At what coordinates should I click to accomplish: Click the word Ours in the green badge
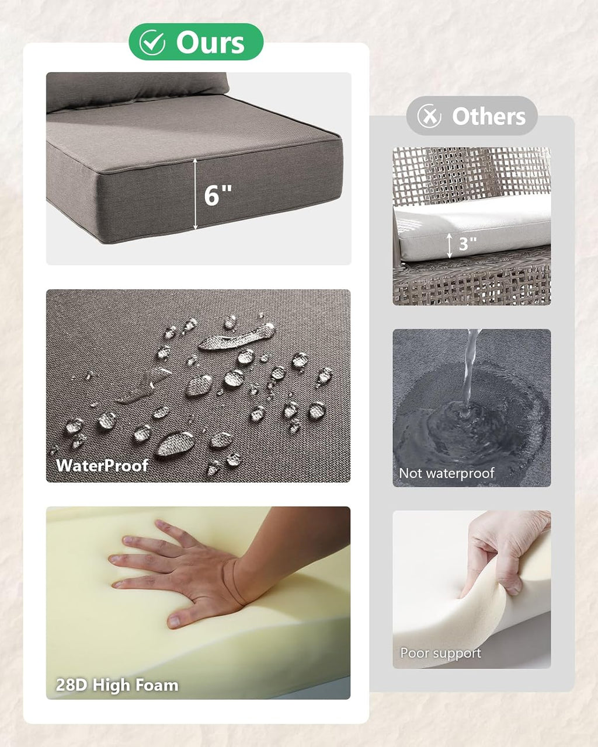click(210, 43)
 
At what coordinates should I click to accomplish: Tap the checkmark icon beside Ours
click(152, 43)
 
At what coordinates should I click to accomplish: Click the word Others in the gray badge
click(489, 116)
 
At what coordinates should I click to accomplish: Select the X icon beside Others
click(429, 116)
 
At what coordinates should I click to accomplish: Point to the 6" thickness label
click(218, 196)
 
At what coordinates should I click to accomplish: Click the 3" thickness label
click(468, 244)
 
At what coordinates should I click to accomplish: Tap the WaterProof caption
click(102, 466)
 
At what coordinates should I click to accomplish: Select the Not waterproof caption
click(447, 473)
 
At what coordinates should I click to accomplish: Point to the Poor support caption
click(440, 653)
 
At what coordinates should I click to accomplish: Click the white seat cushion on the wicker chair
click(472, 228)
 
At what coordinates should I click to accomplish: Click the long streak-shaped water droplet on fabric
click(237, 337)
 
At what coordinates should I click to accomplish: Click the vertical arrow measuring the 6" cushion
click(195, 194)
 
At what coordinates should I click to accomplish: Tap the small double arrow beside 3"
click(450, 245)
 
